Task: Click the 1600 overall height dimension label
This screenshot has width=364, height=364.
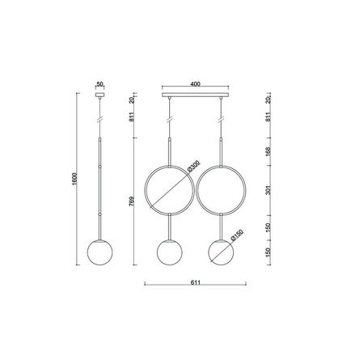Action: coord(74,179)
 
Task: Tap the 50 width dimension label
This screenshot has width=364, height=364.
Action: coord(99,84)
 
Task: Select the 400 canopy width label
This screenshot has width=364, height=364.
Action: coord(195,84)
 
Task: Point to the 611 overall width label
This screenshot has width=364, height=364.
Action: coord(196,282)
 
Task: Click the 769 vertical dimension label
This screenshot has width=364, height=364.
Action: coord(132,201)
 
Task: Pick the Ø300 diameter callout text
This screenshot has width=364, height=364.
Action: coord(193,166)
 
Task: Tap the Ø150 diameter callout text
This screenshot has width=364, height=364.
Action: coord(237,235)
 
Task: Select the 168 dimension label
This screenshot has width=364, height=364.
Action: coord(268,151)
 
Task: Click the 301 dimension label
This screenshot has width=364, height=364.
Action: coord(268,190)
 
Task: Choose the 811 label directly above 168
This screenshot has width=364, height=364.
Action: coord(268,116)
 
